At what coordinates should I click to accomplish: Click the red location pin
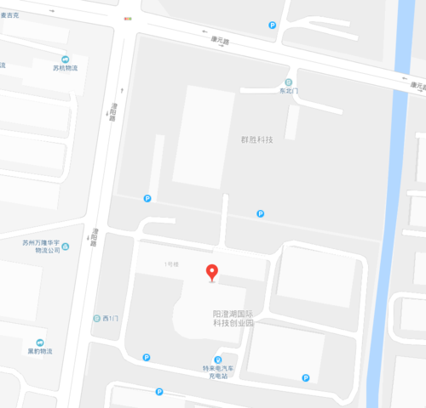coord(212,272)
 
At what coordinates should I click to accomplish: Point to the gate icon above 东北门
coord(289,82)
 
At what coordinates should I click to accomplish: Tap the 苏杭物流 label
coord(65,68)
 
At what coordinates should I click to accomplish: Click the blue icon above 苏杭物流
coord(65,59)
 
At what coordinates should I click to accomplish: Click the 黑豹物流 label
coord(39,350)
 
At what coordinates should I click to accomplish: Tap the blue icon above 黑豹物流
coord(39,341)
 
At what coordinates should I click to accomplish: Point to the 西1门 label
coord(107,319)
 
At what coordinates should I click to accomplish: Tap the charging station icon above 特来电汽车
coord(216,360)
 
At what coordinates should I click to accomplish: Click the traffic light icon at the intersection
coord(128,17)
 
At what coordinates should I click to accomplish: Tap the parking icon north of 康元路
coord(272,25)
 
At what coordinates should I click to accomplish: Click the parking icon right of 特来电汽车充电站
coord(305,378)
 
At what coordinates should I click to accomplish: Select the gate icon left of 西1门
coord(95,319)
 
